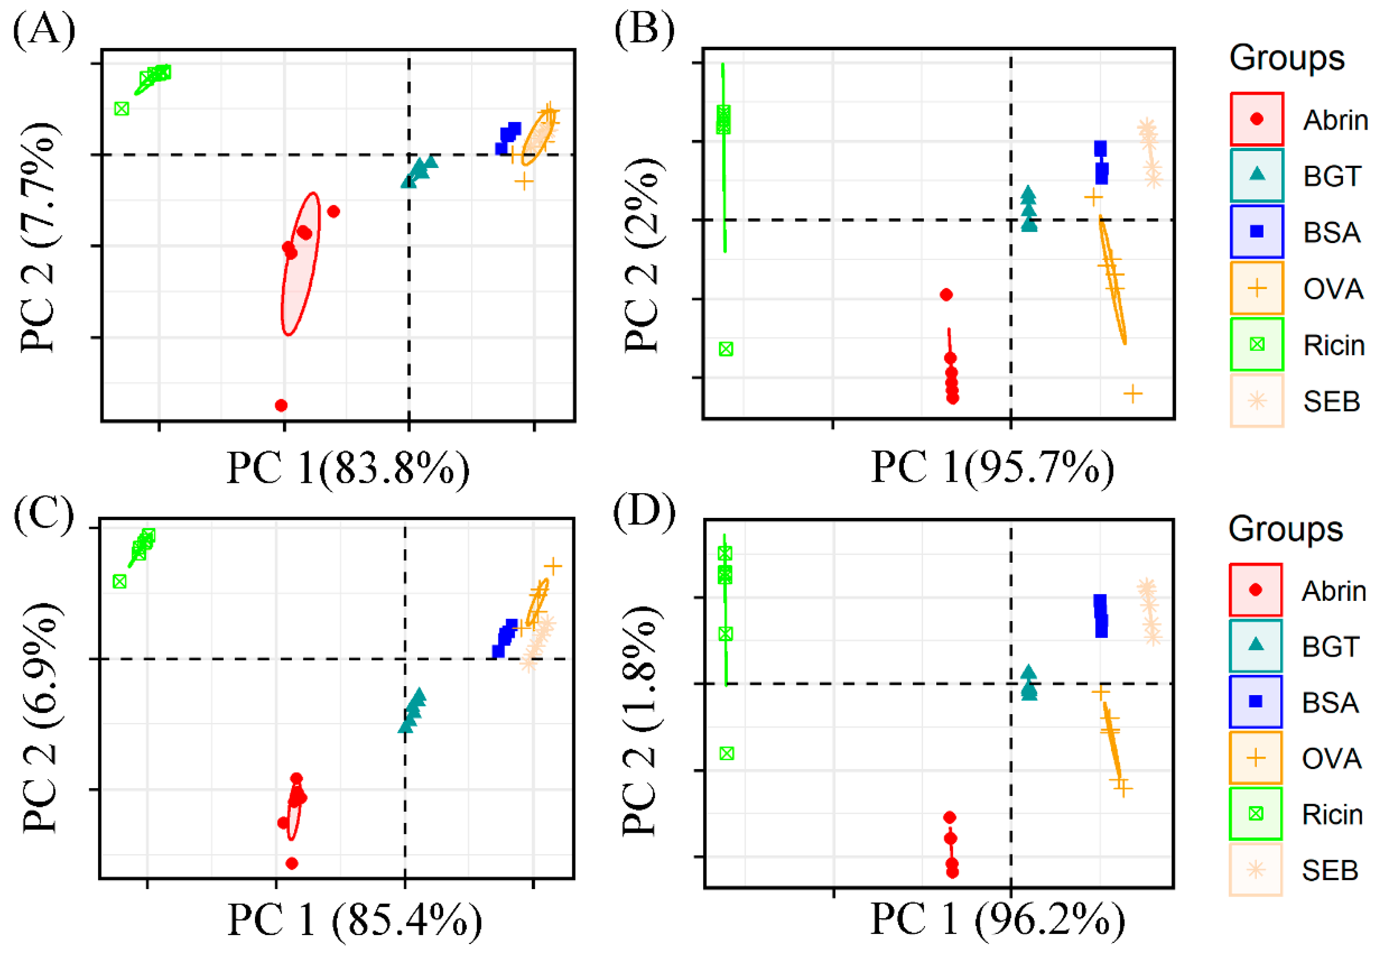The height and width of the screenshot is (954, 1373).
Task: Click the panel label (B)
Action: coord(644,30)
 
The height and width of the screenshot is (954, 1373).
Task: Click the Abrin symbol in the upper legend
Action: coord(1256,119)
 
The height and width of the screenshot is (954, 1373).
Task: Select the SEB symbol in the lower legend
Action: coord(1255,870)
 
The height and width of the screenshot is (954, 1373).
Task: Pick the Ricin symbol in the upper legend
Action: coord(1256,344)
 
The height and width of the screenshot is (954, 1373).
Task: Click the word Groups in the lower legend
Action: coord(1285,530)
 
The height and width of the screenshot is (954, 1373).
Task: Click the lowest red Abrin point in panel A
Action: coord(281,405)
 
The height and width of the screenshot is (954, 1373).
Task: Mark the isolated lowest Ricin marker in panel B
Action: coord(726,349)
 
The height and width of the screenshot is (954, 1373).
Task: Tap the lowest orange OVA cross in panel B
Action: coord(1133,393)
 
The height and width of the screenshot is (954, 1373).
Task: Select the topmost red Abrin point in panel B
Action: coord(946,294)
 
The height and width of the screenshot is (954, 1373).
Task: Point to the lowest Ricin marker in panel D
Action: coord(726,754)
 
